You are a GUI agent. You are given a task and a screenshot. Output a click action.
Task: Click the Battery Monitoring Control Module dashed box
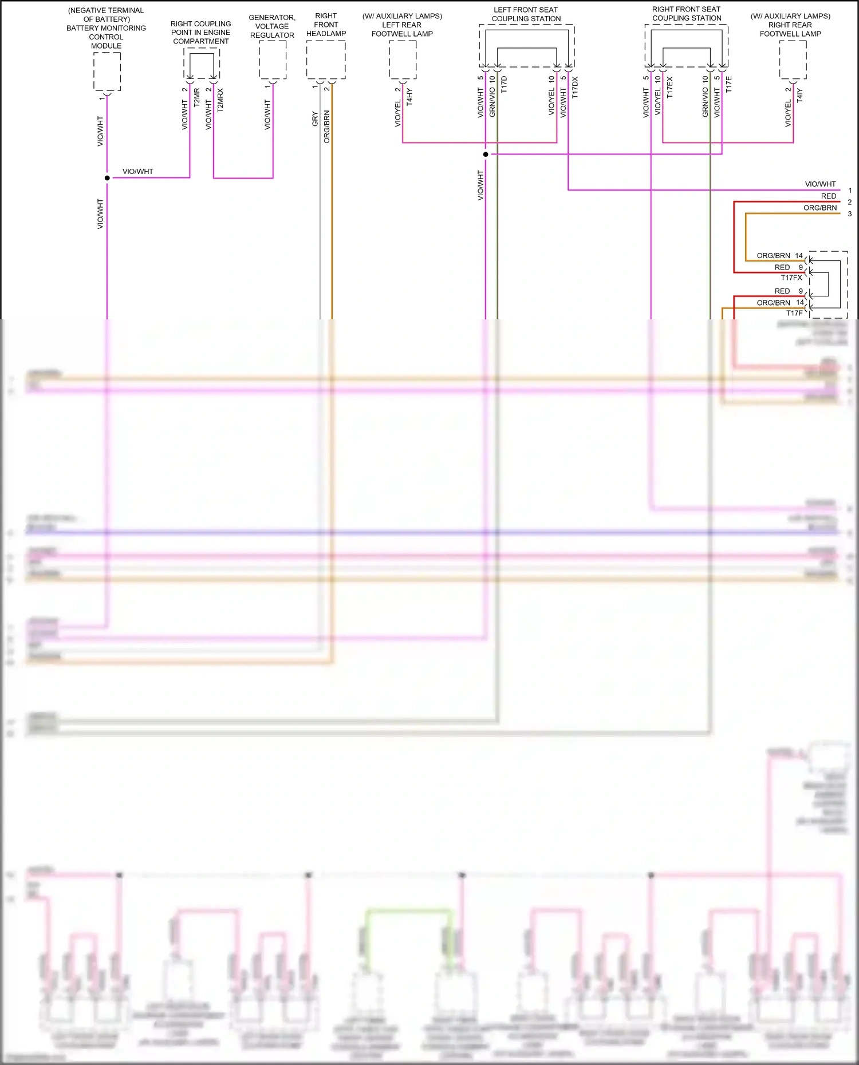click(107, 71)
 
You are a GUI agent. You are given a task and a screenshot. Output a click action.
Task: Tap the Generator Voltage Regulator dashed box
click(273, 60)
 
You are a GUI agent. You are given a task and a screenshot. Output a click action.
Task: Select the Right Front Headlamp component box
click(326, 60)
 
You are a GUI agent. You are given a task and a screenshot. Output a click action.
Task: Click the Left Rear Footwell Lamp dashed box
click(403, 60)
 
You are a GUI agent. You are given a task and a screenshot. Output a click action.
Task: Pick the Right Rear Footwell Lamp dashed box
click(793, 60)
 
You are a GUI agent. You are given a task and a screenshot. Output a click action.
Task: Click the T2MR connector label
click(197, 98)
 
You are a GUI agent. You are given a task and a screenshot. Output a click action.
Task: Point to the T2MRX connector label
click(220, 100)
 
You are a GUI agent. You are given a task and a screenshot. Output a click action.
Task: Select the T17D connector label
click(504, 85)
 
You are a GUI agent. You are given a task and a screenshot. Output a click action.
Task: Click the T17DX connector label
click(575, 88)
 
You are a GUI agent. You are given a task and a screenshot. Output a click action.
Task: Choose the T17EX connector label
click(669, 88)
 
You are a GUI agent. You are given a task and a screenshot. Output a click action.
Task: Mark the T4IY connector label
click(800, 95)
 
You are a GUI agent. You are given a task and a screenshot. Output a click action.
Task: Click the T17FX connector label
click(791, 278)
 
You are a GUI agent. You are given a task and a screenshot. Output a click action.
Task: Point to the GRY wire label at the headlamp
click(315, 119)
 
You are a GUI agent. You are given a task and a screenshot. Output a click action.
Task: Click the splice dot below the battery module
click(107, 178)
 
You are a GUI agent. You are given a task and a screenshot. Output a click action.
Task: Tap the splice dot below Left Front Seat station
click(486, 155)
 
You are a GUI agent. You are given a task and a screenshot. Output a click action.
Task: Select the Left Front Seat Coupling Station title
click(526, 14)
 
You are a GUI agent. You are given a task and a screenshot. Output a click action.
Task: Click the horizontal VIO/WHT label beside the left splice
click(138, 171)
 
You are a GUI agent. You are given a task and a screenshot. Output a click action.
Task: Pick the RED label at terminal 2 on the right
click(828, 196)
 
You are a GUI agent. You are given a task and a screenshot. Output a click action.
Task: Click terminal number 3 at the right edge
click(850, 213)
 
